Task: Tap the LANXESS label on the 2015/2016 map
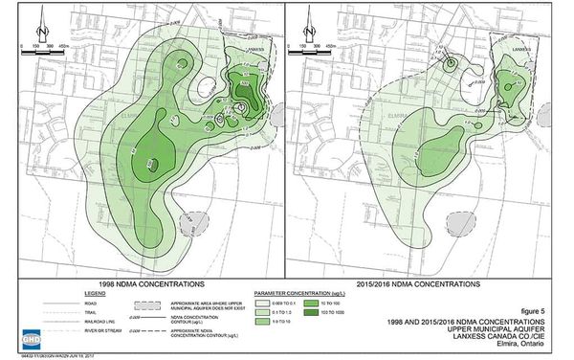coord(525,45)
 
